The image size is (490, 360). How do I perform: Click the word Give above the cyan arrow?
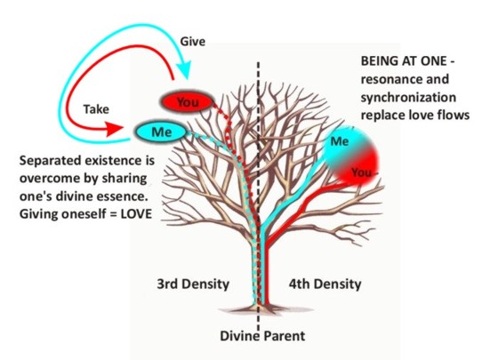[x=192, y=42]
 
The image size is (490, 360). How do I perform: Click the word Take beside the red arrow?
[x=96, y=109]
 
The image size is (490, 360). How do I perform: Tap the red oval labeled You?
[x=187, y=102]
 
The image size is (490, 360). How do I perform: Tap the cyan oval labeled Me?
[x=161, y=132]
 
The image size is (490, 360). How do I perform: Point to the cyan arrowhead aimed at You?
[x=183, y=68]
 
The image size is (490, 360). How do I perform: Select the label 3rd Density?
[x=193, y=284]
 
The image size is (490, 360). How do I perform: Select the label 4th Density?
[x=325, y=284]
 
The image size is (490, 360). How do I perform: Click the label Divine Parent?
[x=262, y=336]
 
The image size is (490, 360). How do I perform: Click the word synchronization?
[x=408, y=98]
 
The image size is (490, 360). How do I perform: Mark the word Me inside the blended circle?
[x=340, y=141]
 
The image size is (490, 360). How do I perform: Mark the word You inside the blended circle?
[x=362, y=172]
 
